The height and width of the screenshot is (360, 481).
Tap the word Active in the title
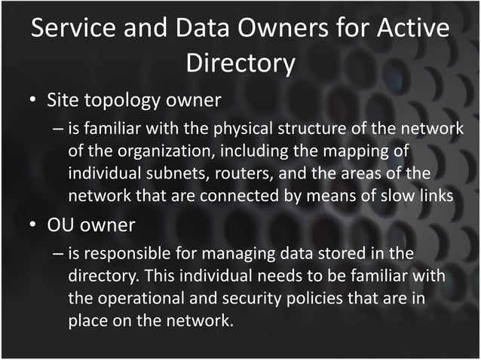pos(410,29)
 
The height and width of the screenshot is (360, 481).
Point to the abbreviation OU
pos(61,224)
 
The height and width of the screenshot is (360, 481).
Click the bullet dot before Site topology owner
pos(29,100)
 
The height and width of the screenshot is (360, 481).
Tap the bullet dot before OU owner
pos(29,225)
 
